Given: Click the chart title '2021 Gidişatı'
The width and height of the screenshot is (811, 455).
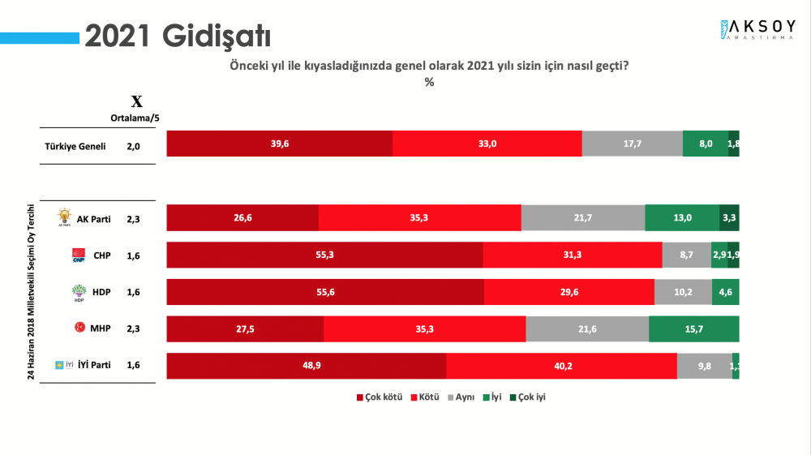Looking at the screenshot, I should [x=178, y=36].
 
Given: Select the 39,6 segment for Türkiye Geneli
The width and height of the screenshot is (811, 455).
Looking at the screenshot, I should [x=279, y=144].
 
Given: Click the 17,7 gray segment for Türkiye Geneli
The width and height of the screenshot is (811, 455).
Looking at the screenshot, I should [x=632, y=144].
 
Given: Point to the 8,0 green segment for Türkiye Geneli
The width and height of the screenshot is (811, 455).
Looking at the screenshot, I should [x=705, y=144].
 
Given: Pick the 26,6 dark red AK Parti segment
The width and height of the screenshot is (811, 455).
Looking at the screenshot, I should [x=242, y=218].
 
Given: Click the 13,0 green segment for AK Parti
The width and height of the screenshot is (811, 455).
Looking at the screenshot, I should [x=681, y=218].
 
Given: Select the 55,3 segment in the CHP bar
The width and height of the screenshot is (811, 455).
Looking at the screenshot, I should [x=324, y=255].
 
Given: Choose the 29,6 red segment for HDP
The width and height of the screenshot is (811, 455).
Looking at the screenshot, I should [x=569, y=292].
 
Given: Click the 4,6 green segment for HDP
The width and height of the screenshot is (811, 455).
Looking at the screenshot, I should [x=725, y=292].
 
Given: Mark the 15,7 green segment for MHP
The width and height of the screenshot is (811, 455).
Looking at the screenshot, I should [x=693, y=328].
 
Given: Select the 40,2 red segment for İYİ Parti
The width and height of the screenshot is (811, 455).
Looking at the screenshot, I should [x=561, y=366].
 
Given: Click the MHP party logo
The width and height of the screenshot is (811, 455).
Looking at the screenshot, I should [x=80, y=328].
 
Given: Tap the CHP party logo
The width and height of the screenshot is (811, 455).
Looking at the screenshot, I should [x=79, y=255].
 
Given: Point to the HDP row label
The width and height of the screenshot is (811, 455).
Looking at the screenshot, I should [x=102, y=292].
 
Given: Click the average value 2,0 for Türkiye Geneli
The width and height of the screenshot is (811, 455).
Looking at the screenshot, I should [x=134, y=147].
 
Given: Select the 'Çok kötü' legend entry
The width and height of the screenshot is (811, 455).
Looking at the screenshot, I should [x=380, y=397].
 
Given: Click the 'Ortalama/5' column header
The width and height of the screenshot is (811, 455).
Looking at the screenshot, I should [x=135, y=117].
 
